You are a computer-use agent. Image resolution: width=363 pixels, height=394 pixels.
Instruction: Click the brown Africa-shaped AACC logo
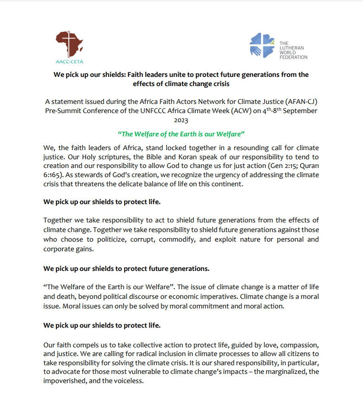tap(69, 44)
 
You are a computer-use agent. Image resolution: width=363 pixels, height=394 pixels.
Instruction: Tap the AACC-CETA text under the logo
tap(69, 61)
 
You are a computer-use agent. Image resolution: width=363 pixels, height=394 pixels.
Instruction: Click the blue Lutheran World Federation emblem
tap(262, 45)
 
